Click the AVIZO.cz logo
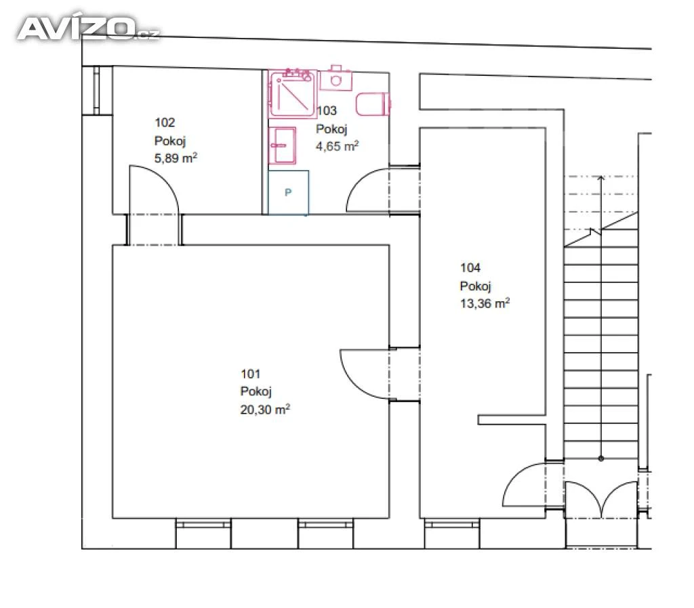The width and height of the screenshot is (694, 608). [x=89, y=28]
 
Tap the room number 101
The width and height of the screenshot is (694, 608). [x=250, y=374]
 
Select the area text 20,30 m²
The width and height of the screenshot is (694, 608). [x=265, y=410]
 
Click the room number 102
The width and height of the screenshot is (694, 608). [x=165, y=123]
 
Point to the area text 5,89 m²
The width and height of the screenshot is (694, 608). [x=176, y=158]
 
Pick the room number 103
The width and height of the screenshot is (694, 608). [x=327, y=110]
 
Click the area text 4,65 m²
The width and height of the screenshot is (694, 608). [x=337, y=146]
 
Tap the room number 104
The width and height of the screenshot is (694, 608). [x=470, y=267]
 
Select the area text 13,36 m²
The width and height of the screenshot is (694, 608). [x=485, y=303]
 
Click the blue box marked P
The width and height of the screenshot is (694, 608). [x=288, y=193]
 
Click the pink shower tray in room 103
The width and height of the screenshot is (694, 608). [x=293, y=93]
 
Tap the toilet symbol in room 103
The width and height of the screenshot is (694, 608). [x=373, y=104]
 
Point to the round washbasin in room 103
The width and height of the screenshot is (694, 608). [x=336, y=80]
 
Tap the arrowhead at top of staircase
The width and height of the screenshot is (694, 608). [x=600, y=178]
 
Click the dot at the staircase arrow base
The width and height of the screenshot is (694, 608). [x=600, y=458]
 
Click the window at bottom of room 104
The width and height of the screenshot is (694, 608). [x=451, y=525]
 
